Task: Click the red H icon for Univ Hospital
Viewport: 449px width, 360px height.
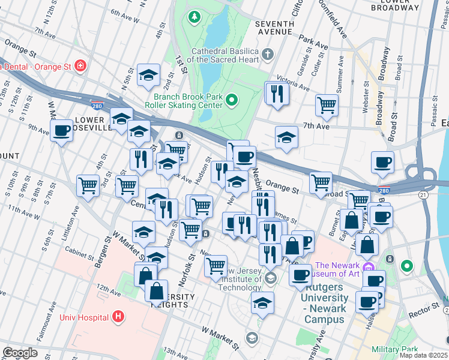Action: (119, 317)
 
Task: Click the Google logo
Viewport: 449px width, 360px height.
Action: (20, 353)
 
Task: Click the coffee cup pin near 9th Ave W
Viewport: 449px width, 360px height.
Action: (61, 130)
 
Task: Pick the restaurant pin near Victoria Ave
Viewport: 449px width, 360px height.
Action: (277, 93)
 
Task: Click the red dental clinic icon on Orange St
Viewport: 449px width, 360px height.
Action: (79, 65)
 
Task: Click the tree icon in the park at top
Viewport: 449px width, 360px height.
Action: (194, 16)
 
